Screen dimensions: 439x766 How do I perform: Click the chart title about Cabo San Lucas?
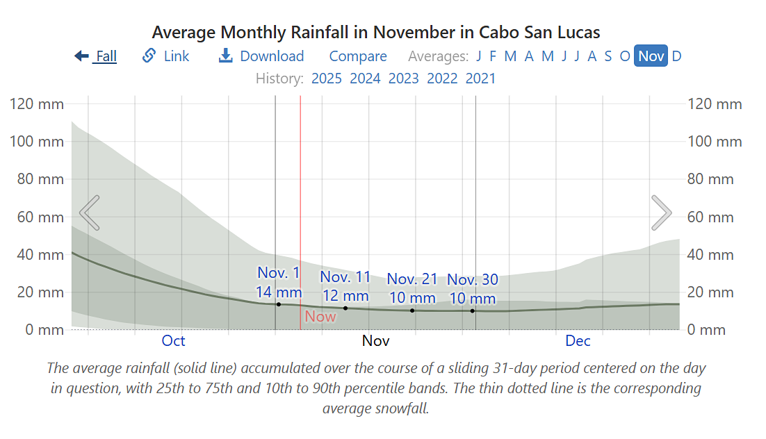(x=376, y=32)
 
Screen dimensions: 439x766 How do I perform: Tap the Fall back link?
(x=96, y=56)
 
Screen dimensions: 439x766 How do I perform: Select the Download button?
(x=261, y=56)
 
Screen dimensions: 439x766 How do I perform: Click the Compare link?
(x=358, y=56)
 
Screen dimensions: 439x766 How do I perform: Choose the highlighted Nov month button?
(x=651, y=56)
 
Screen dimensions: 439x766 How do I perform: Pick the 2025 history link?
(x=327, y=78)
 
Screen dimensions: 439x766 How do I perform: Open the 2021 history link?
(x=481, y=78)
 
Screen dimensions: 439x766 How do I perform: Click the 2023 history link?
(x=404, y=78)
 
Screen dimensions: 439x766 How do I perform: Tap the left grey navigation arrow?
(x=90, y=213)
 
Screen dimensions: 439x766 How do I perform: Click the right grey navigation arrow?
(x=661, y=213)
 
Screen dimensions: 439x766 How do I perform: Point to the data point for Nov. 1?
(x=279, y=304)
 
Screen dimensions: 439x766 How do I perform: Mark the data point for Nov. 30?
(x=473, y=310)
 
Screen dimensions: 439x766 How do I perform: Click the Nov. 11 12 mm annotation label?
(x=345, y=286)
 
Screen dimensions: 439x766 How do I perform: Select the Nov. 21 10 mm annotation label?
(x=412, y=288)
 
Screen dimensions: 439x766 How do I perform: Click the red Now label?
(x=320, y=317)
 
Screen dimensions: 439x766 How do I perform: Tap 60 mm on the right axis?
(x=710, y=217)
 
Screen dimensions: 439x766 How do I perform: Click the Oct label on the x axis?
(x=173, y=340)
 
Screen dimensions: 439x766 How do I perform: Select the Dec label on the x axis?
(x=578, y=340)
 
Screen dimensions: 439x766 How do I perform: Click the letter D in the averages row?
(x=676, y=56)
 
